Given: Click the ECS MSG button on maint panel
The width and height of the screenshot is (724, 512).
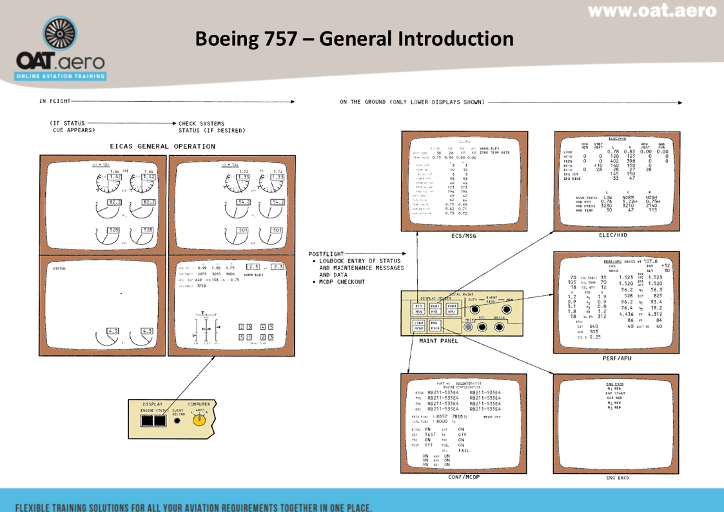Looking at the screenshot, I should [419, 308].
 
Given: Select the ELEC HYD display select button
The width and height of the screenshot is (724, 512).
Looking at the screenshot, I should [435, 308].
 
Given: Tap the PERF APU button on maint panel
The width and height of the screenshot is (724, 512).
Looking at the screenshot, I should [452, 308].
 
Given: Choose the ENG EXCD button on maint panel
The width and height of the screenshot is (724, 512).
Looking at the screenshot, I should [435, 326].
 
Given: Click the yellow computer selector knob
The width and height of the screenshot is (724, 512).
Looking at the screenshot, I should [200, 420].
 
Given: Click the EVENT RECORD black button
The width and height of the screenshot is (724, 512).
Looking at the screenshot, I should [178, 421].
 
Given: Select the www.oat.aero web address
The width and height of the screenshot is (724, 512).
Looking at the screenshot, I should [652, 11].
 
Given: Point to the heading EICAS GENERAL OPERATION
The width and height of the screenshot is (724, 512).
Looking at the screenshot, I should [162, 146].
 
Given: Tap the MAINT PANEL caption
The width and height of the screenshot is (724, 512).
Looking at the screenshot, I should [439, 341].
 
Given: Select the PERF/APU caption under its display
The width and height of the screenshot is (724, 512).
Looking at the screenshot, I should [616, 358].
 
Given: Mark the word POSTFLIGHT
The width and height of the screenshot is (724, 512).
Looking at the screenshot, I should [327, 253].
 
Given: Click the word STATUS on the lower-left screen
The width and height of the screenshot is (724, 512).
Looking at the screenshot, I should [59, 268].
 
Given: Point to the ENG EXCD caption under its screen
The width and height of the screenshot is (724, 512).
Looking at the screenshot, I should [616, 478].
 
